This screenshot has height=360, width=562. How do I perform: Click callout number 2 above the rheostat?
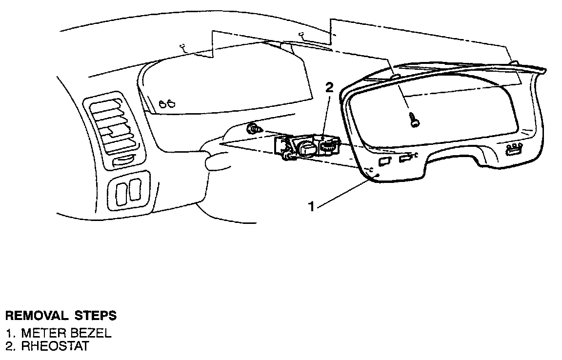(329, 88)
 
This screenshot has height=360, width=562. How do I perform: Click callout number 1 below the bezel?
(311, 207)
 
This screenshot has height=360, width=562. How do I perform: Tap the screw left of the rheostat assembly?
(254, 129)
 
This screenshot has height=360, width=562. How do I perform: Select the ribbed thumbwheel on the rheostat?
(329, 146)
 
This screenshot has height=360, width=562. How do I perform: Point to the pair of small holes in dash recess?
(167, 102)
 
